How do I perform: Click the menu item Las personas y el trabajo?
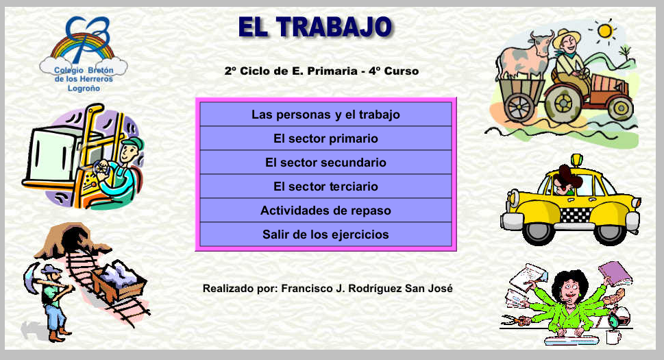325,115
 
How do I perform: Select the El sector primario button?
325,139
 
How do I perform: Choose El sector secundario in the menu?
325,163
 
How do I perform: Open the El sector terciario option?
325,187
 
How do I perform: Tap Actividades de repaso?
325,211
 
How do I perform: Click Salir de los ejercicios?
325,235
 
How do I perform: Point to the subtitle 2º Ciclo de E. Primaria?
321,71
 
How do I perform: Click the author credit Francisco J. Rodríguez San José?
328,289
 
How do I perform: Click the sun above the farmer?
604,31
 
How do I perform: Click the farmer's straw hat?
567,37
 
